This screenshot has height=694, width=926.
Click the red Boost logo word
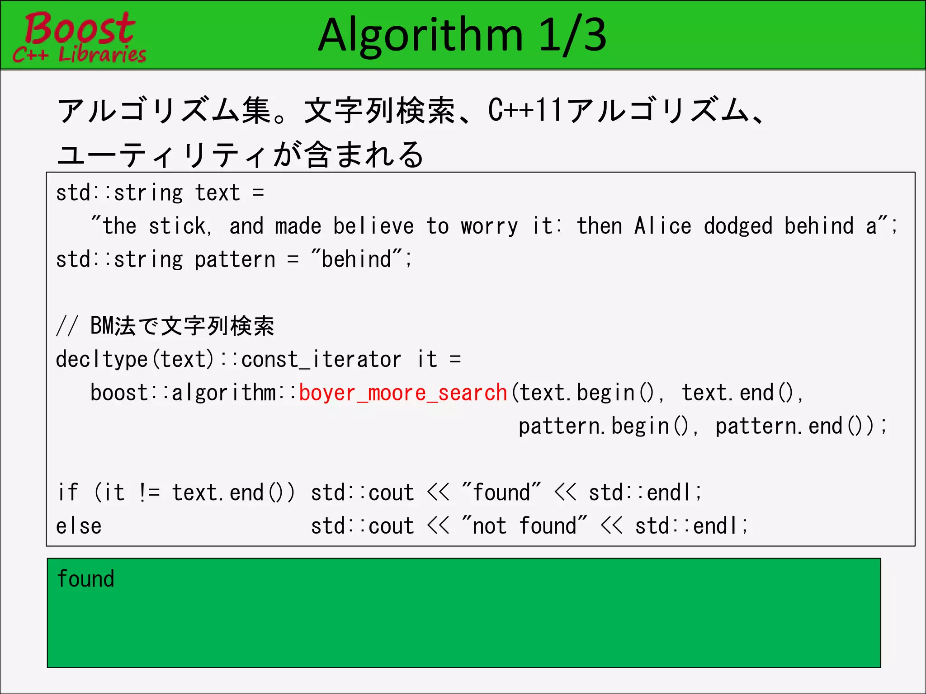[80, 28]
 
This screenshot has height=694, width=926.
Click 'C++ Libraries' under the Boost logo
[80, 55]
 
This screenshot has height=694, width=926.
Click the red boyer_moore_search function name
[403, 393]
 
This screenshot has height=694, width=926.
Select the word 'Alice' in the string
[662, 226]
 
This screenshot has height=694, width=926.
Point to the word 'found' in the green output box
[86, 579]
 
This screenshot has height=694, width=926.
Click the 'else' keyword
[79, 526]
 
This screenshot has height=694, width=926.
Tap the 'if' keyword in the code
[68, 492]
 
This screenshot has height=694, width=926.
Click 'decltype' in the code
[102, 360]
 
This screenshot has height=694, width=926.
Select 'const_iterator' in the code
[321, 360]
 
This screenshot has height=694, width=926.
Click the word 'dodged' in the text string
[738, 226]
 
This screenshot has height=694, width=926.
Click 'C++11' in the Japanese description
[524, 110]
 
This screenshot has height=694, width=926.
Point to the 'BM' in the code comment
[102, 326]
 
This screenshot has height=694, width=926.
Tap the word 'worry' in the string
[489, 226]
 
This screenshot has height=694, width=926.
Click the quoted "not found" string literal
[524, 526]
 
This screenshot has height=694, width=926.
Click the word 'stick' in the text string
[178, 226]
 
